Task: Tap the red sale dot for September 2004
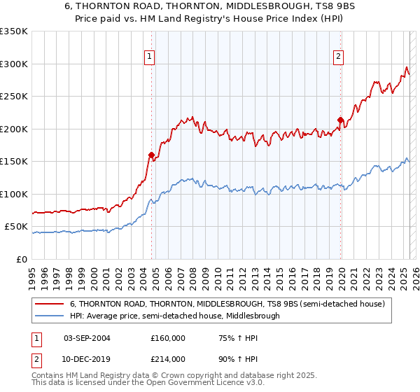[x=151, y=155]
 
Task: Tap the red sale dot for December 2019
[x=340, y=120]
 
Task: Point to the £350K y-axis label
[x=14, y=31]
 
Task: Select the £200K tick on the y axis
[x=14, y=129]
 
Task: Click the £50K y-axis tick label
[x=16, y=227]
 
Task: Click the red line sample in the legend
[x=50, y=304]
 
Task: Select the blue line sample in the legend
[x=50, y=316]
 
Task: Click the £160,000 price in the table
[x=168, y=337]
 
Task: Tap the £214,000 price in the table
[x=168, y=358]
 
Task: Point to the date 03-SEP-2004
[x=87, y=337]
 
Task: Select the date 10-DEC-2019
[x=87, y=358]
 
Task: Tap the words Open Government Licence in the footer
[x=176, y=384]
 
